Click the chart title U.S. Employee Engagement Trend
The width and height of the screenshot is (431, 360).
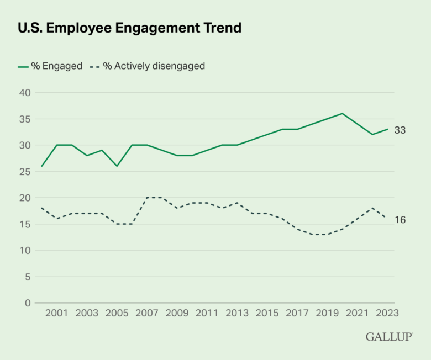click(x=130, y=28)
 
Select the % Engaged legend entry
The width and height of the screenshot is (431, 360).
click(x=50, y=66)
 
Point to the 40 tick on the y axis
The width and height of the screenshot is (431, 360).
click(x=25, y=93)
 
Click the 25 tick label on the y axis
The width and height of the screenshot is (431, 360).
click(x=25, y=172)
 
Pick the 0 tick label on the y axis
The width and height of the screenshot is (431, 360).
click(x=28, y=303)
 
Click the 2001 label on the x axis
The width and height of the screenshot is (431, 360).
click(x=56, y=313)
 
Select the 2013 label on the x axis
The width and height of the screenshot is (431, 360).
click(x=237, y=313)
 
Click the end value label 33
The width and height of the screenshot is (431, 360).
click(x=400, y=130)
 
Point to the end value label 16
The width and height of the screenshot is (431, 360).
click(x=400, y=220)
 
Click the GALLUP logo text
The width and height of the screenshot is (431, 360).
click(x=388, y=337)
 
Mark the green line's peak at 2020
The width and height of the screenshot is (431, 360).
click(x=343, y=114)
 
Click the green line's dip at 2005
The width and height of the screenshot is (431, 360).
click(x=117, y=166)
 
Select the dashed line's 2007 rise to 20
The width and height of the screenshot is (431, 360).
click(x=147, y=198)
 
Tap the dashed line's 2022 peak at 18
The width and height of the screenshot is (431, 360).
click(x=372, y=208)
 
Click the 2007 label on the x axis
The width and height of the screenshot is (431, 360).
click(x=147, y=313)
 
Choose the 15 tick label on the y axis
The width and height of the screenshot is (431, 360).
click(x=25, y=224)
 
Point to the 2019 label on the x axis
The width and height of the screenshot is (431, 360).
click(x=327, y=313)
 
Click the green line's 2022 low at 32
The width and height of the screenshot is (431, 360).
click(x=372, y=135)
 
